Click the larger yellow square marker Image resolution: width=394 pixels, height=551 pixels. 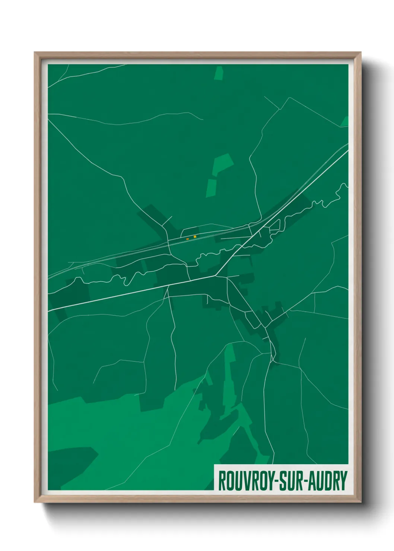pos(195,237)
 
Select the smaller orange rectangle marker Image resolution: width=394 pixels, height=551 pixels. pos(188,238)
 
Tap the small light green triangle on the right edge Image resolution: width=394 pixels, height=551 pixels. pos(345,122)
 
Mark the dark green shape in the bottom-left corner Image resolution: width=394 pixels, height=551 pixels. pos(71,465)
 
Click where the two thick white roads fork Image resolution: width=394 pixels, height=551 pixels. pos(216,276)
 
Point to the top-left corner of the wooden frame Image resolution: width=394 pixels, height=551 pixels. pos(35,52)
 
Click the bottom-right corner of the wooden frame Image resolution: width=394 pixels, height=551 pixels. pos(361,502)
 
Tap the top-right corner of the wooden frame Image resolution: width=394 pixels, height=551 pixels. pos(361,52)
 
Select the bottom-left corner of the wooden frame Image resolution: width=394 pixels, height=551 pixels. pos(35,502)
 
